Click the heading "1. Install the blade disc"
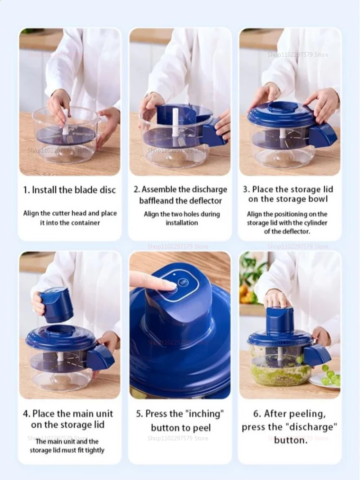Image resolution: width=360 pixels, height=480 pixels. pyautogui.click(x=70, y=190)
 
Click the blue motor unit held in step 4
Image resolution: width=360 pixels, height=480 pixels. pyautogui.click(x=57, y=304)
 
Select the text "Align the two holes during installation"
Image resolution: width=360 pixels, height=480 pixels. pyautogui.click(x=182, y=218)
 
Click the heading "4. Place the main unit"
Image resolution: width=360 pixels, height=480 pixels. pyautogui.click(x=68, y=413)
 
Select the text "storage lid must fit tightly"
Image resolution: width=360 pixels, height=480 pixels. pyautogui.click(x=67, y=450)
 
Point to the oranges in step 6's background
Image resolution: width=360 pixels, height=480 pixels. pyautogui.click(x=245, y=294)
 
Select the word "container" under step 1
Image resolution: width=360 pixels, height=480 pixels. pyautogui.click(x=85, y=223)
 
